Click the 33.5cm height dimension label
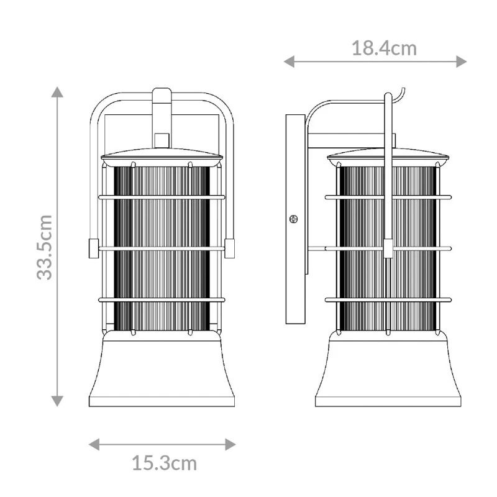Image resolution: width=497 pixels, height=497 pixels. (x=44, y=247)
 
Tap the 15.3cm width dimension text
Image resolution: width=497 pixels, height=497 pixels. (x=164, y=463)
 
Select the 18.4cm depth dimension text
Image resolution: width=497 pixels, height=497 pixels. (x=384, y=48)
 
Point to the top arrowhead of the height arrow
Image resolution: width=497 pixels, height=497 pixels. (x=57, y=91)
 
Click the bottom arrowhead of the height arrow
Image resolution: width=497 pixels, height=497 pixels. (x=57, y=401)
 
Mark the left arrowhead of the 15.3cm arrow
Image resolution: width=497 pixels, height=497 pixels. (x=94, y=444)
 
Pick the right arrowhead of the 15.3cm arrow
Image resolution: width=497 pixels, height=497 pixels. (x=230, y=444)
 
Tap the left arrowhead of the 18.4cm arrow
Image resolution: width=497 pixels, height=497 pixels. (x=289, y=62)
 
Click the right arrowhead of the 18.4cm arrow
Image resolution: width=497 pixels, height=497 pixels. (x=461, y=62)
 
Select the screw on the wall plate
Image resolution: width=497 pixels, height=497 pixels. (x=293, y=219)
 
